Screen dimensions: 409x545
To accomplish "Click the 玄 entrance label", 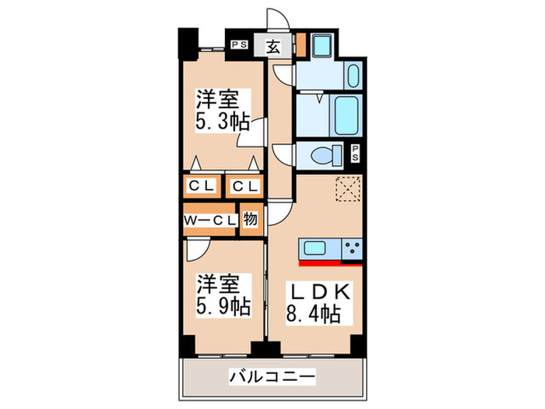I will pyautogui.click(x=275, y=45).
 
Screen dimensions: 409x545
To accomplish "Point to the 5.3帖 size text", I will pyautogui.click(x=223, y=122).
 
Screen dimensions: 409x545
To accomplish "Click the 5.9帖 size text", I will pyautogui.click(x=223, y=306).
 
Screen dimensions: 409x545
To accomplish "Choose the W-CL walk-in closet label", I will pyautogui.click(x=210, y=220).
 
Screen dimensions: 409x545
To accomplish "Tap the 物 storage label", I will pyautogui.click(x=251, y=219).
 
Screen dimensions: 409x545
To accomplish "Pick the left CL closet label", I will pyautogui.click(x=202, y=186).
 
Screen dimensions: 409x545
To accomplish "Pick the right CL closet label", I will pyautogui.click(x=244, y=186).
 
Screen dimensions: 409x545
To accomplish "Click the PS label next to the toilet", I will pyautogui.click(x=355, y=153).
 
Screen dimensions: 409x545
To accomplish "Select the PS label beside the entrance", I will pyautogui.click(x=239, y=45).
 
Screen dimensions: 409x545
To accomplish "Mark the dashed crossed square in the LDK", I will pyautogui.click(x=346, y=189).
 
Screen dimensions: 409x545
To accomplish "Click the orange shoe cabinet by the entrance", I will pyautogui.click(x=301, y=45).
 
